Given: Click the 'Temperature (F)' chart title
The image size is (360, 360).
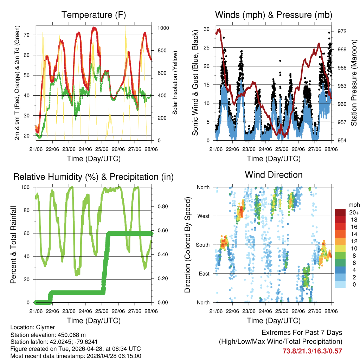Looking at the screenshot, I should tap(94, 15).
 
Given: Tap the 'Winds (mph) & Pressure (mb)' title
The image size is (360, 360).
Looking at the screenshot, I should tap(274, 15).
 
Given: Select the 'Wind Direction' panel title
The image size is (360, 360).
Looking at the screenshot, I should tap(274, 175).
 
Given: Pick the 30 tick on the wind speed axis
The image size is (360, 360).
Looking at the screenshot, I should tap(206, 29).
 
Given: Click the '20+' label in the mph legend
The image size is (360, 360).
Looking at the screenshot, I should tap(354, 212).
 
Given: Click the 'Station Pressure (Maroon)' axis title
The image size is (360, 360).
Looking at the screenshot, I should tap(354, 83).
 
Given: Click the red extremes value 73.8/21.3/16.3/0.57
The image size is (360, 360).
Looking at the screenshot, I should tap(312, 351).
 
